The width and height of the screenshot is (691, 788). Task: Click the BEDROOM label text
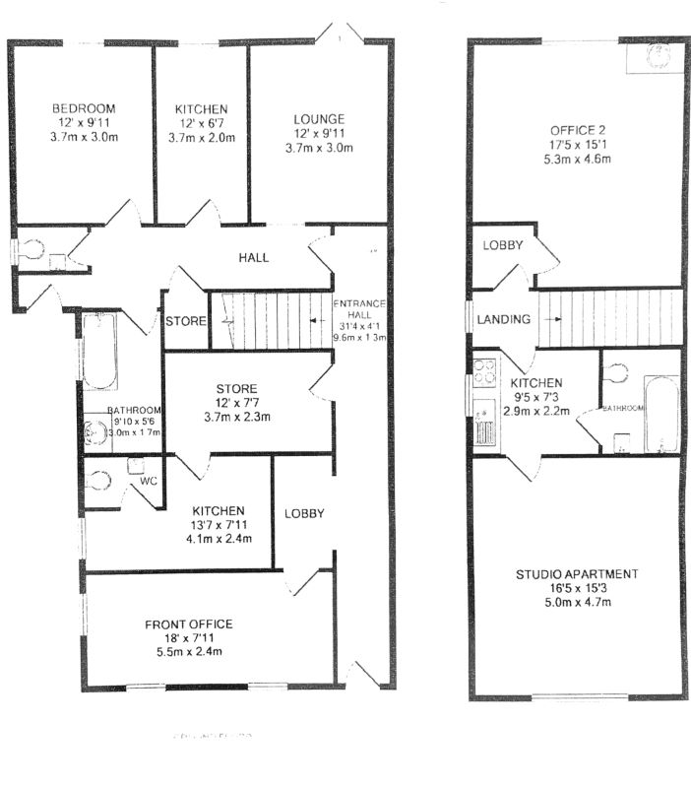84,108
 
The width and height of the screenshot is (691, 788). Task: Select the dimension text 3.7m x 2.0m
202,138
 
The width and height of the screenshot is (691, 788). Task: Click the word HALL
254,258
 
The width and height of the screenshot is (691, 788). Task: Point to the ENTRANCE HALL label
360,309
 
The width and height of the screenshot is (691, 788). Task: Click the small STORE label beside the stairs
184,322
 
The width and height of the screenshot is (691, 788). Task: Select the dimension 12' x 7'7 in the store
237,402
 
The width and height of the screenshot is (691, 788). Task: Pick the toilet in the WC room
98,481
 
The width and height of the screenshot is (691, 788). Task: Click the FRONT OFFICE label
188,624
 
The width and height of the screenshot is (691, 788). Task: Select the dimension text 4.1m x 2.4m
218,539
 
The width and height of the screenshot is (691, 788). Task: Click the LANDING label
504,319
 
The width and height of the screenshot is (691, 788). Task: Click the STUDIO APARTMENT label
578,574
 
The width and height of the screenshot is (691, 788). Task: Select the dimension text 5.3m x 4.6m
576,160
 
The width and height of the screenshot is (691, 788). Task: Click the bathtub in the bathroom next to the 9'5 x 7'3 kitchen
660,413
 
